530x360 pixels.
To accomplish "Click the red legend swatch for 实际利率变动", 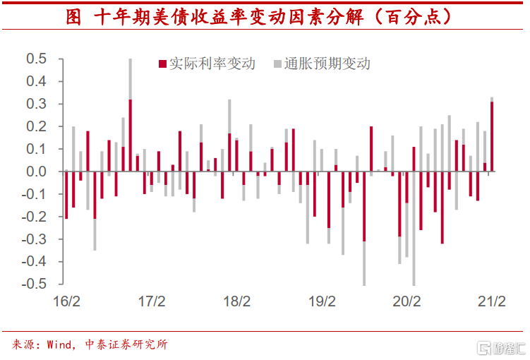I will click(162, 64).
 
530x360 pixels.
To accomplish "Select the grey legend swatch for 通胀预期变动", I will click(277, 64).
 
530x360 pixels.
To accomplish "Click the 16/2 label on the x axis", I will click(66, 302).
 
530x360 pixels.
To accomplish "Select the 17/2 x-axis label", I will click(151, 302).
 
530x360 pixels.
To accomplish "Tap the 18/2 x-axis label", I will click(236, 302).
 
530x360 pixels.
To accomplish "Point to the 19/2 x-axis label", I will click(322, 302).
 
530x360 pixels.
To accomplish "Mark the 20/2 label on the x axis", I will click(406, 302).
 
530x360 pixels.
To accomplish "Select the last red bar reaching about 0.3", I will click(492, 136).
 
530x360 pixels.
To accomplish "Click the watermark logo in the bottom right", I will click(498, 347).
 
